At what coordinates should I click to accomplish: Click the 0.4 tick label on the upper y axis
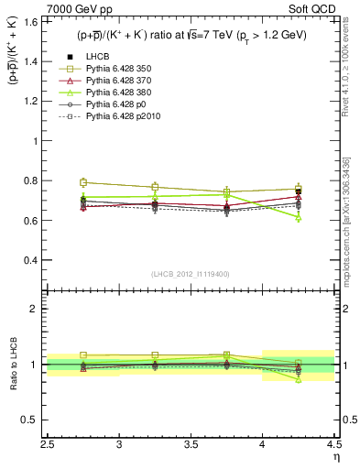click(x=37, y=260)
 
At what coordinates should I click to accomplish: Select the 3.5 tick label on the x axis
click(x=191, y=444)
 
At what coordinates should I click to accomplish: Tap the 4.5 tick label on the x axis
click(x=333, y=444)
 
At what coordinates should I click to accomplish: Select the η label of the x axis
click(x=336, y=455)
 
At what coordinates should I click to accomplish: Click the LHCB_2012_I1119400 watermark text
click(x=191, y=274)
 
